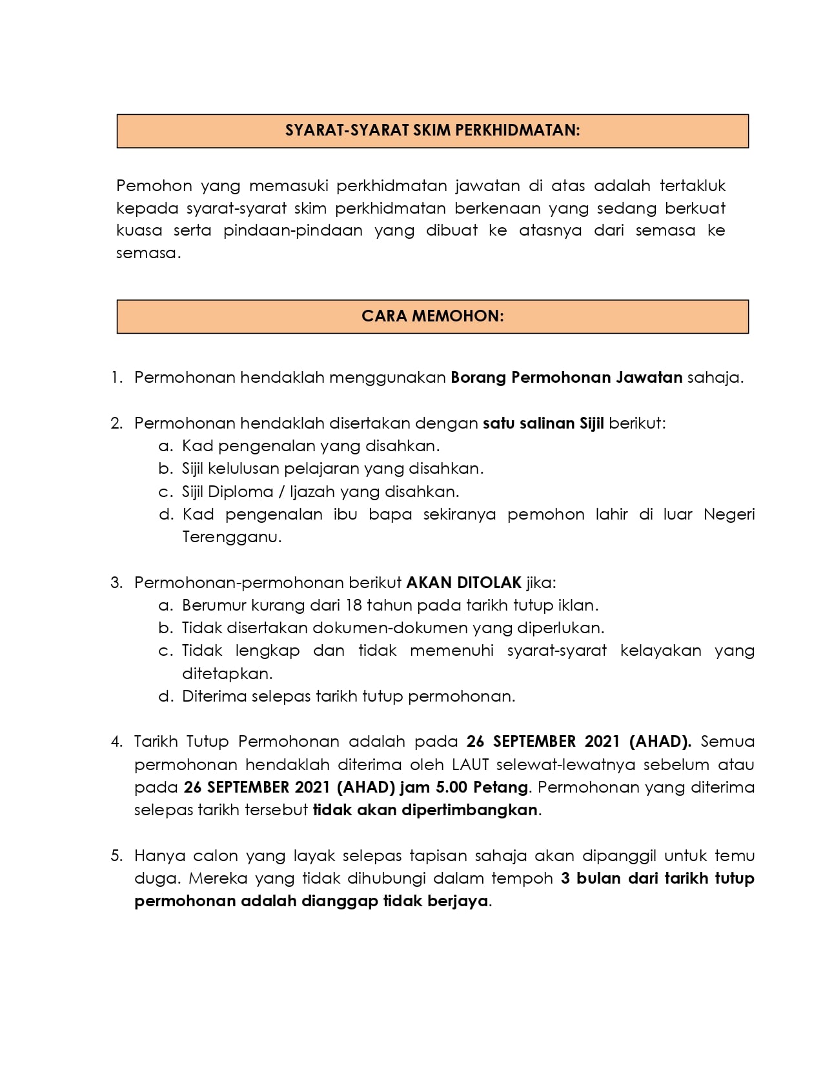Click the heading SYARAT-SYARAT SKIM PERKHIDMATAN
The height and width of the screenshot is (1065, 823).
[x=432, y=130]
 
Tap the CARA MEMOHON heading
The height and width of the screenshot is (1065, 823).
[x=432, y=316]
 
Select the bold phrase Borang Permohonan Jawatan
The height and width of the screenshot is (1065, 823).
[x=566, y=378]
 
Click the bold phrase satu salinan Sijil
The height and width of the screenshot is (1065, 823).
[x=544, y=423]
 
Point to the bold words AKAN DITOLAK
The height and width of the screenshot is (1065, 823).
[x=463, y=583]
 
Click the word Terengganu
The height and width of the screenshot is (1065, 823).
[x=232, y=537]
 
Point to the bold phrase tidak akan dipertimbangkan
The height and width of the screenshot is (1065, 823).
[x=425, y=810]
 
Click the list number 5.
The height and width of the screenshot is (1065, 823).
[x=116, y=856]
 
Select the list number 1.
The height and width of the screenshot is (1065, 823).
[x=116, y=378]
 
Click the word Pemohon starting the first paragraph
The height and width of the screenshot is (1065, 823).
[x=154, y=186]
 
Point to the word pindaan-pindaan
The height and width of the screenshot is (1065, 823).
[x=293, y=230]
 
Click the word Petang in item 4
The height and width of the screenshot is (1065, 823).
[x=500, y=787]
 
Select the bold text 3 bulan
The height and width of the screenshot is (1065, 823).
[x=592, y=878]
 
